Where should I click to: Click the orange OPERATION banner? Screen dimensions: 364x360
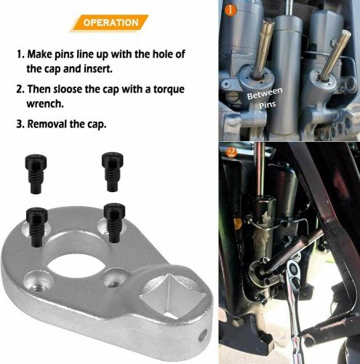tap(111, 23)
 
